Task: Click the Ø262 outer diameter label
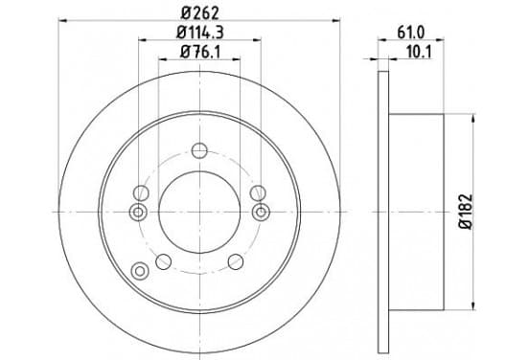click(x=200, y=12)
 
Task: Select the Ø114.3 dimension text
click(x=200, y=33)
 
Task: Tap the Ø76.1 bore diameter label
click(x=200, y=52)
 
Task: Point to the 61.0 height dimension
click(x=410, y=33)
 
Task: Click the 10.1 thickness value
click(x=419, y=52)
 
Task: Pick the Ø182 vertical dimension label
click(x=466, y=212)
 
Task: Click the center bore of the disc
click(x=199, y=212)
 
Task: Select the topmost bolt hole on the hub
click(x=199, y=150)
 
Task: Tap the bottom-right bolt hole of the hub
click(x=236, y=261)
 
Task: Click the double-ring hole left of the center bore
click(x=138, y=213)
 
